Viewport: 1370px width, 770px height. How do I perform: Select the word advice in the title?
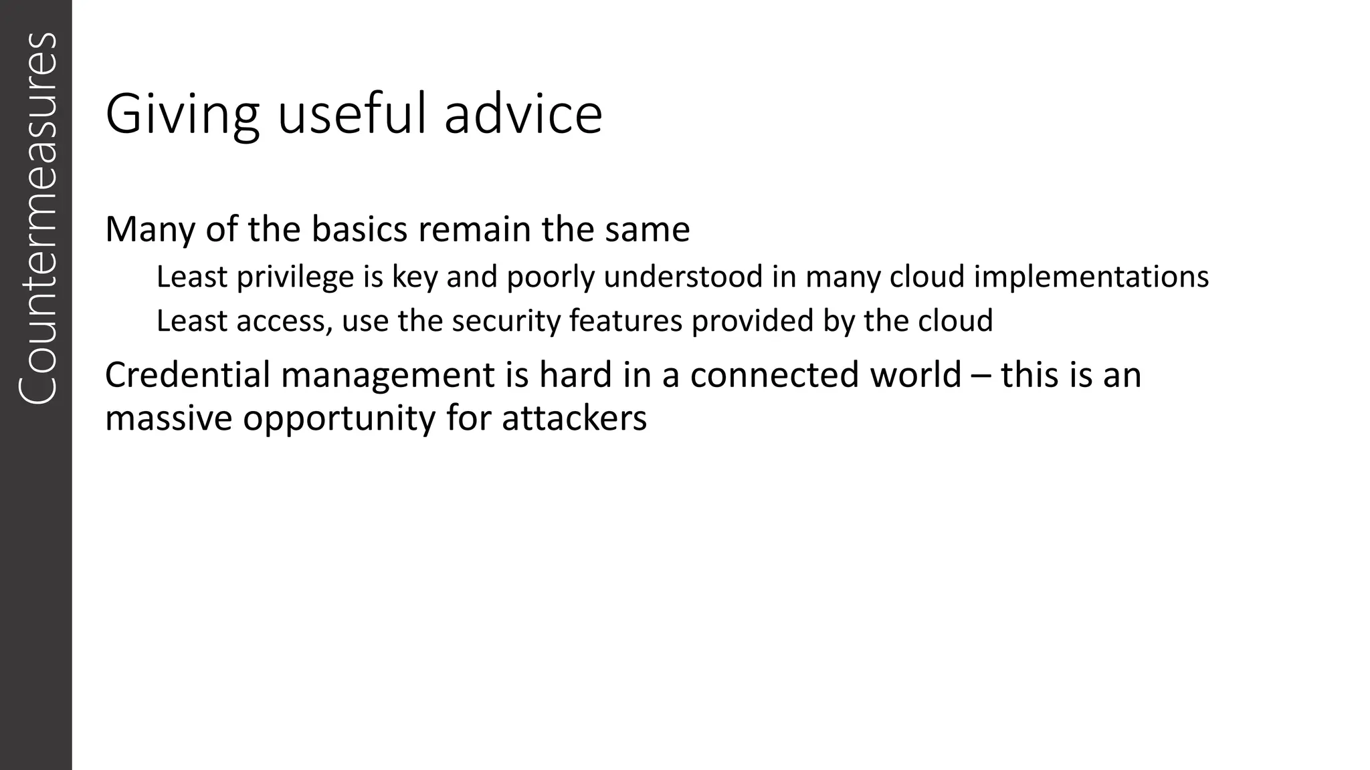point(523,115)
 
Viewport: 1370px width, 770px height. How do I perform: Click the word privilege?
point(295,277)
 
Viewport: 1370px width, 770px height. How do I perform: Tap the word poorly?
point(550,277)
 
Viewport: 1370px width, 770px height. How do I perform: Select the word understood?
point(682,277)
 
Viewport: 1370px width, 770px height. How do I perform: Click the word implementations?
point(1091,277)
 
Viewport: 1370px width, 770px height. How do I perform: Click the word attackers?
point(574,419)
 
